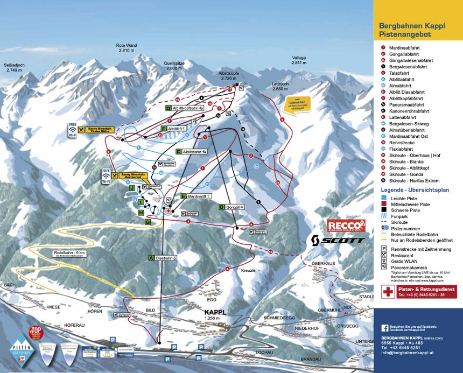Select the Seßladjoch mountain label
(14, 67)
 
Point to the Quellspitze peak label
(174, 66)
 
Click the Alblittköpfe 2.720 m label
(229, 75)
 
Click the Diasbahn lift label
(163, 258)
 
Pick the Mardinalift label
(195, 196)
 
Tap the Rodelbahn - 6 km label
(69, 253)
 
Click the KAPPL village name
(215, 312)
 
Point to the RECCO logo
(346, 225)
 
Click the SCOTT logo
(338, 240)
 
